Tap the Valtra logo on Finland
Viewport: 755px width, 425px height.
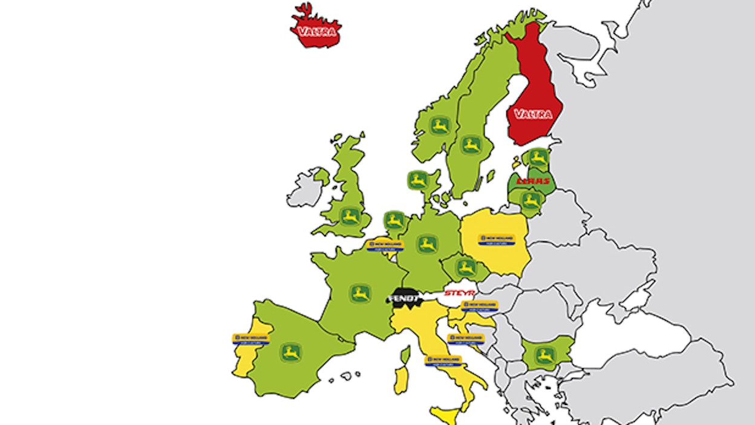pos(533,113)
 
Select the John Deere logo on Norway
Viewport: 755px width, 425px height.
pos(440,126)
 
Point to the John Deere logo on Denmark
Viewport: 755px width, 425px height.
pos(418,180)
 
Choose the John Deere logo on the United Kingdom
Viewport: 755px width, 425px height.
pos(350,216)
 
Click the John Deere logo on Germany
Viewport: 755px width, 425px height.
pos(427,245)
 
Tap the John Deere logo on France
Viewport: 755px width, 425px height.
pos(361,294)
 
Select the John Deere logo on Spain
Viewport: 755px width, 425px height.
pos(291,352)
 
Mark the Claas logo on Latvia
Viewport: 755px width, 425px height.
pos(532,180)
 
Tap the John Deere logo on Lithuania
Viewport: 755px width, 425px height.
pos(531,201)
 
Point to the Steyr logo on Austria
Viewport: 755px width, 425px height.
pos(457,294)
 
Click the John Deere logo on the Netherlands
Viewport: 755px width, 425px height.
pos(395,220)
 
